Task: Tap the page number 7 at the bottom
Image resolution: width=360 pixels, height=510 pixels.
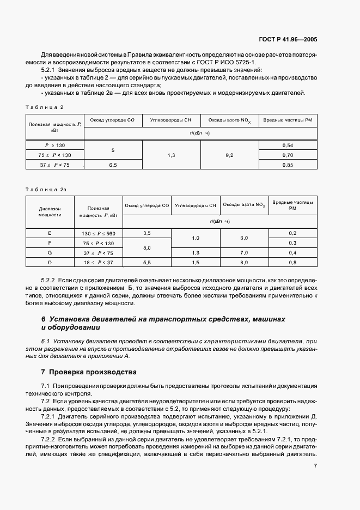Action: coord(315,466)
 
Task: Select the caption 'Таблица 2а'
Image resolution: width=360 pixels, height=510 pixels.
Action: coord(46,189)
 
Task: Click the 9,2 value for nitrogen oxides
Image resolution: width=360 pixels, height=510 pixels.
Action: coord(229,155)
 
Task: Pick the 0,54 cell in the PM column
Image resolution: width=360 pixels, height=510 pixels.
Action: coord(289,145)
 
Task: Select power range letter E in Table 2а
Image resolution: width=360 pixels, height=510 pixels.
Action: coord(50,233)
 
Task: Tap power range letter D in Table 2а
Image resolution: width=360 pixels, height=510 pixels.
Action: coord(50,263)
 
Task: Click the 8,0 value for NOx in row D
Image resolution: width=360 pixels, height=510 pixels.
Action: coord(243,263)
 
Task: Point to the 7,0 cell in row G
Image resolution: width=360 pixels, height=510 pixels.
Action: coord(243,253)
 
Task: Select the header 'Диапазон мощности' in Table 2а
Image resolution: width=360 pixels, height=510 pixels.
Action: coord(50,211)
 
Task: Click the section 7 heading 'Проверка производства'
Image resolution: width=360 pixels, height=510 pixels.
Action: coord(90,372)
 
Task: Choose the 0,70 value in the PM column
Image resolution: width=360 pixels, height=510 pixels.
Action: coord(289,155)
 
